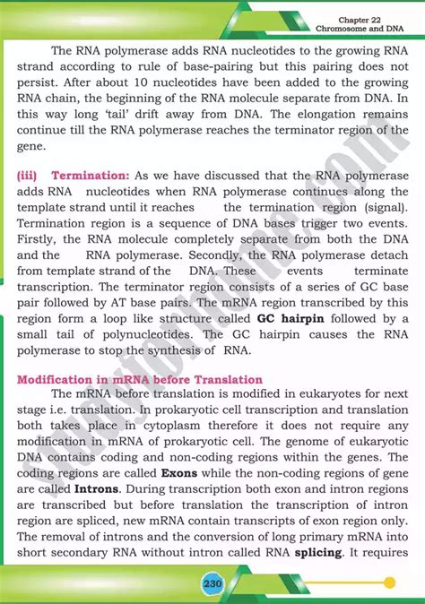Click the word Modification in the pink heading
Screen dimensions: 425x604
(57, 380)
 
